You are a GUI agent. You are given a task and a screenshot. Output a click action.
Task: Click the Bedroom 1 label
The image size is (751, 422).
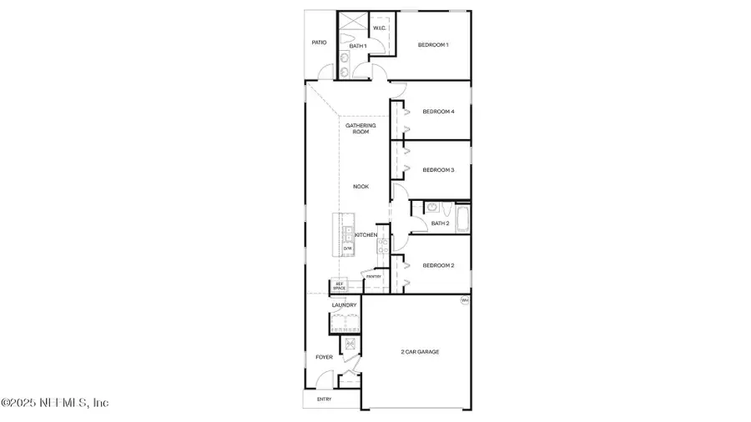pos(433,44)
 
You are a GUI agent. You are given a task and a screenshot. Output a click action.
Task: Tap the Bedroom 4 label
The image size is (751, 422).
pos(438,112)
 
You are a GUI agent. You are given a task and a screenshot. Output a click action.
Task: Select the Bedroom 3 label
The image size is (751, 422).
pos(438,170)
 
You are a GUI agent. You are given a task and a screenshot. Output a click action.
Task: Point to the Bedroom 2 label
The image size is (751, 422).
pos(438,265)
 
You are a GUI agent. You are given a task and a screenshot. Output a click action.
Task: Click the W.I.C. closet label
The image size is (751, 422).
pos(379,28)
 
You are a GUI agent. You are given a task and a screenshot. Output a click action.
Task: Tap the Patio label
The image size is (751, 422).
pos(319,43)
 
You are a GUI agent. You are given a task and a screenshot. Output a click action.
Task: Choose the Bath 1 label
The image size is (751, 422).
pos(358,46)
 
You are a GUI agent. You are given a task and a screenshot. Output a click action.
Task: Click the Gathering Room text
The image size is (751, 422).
pos(360,128)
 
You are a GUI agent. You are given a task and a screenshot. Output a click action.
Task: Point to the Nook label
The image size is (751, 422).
pos(360,187)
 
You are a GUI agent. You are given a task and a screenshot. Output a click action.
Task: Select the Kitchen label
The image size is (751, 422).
pos(365,235)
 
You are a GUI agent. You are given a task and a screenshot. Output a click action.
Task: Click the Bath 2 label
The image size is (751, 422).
pos(441,224)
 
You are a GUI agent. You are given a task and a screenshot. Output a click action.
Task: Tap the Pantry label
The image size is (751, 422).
pos(373,276)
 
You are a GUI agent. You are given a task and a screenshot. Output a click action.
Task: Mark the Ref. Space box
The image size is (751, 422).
pos(340,285)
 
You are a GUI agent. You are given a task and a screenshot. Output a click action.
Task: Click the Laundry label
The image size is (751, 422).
pos(344,305)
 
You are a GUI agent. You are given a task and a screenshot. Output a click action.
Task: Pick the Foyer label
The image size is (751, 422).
pos(324,357)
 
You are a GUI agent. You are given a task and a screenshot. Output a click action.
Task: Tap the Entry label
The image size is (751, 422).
pos(324,399)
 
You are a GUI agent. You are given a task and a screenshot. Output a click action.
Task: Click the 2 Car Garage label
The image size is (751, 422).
pos(420,352)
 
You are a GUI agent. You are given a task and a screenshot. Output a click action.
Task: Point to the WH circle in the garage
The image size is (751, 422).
pos(465,299)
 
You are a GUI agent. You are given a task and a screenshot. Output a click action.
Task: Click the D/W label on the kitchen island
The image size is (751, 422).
pos(347,248)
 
